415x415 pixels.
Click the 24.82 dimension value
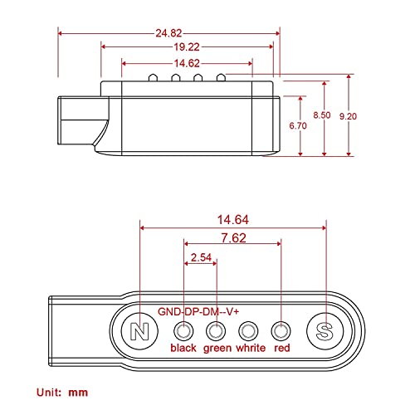pos(168,33)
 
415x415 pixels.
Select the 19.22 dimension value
pos(187,47)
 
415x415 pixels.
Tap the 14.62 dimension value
pos(187,63)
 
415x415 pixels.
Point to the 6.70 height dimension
pos(298,125)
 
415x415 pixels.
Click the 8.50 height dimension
pos(322,115)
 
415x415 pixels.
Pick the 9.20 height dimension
pos(348,116)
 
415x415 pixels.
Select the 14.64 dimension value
pos(233,220)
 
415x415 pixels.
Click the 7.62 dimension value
pos(233,238)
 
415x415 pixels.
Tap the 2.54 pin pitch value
pos(201,257)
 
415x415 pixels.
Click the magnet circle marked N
pos(139,331)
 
